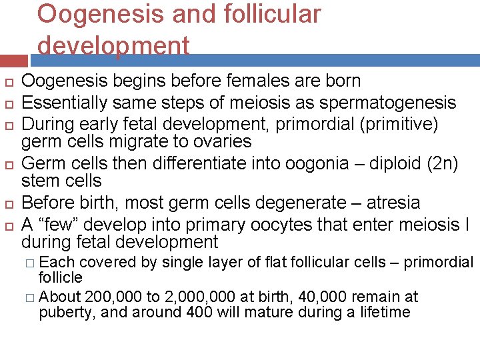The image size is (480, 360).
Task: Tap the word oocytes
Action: tap(275, 224)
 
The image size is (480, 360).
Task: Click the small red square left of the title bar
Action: tap(13, 60)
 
